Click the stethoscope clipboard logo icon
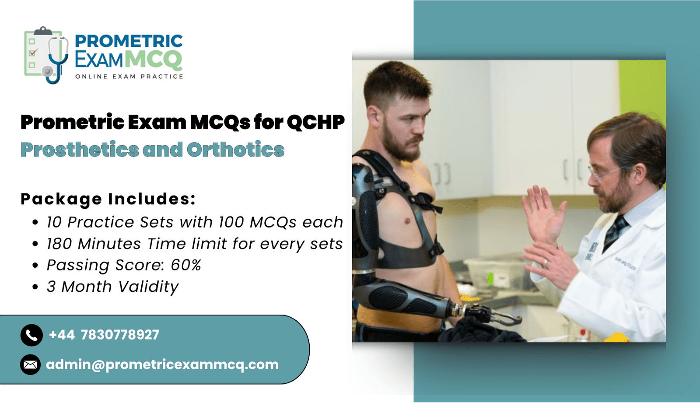[x=46, y=55]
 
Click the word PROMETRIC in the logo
[x=129, y=41]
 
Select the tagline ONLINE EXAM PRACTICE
[x=129, y=77]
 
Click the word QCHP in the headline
[x=315, y=122]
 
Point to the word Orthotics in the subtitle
[x=236, y=149]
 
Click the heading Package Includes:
[x=108, y=199]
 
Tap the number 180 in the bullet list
[x=59, y=244]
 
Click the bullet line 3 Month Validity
[x=113, y=287]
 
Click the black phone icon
[x=31, y=335]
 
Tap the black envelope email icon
[x=30, y=364]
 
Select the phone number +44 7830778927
[x=104, y=335]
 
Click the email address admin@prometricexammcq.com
[x=162, y=364]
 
